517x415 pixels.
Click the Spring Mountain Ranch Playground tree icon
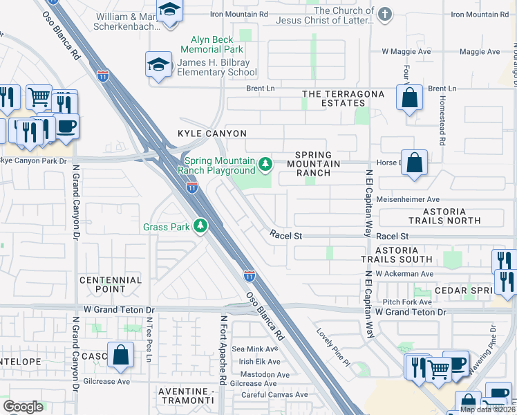tap(265, 165)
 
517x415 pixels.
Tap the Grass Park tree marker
tap(200, 226)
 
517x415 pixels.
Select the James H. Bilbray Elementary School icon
tap(158, 66)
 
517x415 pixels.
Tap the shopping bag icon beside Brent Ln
tap(409, 98)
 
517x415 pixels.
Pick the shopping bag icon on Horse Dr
tap(414, 164)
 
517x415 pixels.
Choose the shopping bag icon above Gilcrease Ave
tap(120, 354)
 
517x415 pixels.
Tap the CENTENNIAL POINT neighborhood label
tap(111, 285)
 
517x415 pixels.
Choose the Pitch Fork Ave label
tap(407, 302)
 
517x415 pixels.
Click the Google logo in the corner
tap(23, 406)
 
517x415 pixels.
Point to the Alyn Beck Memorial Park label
tap(211, 45)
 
